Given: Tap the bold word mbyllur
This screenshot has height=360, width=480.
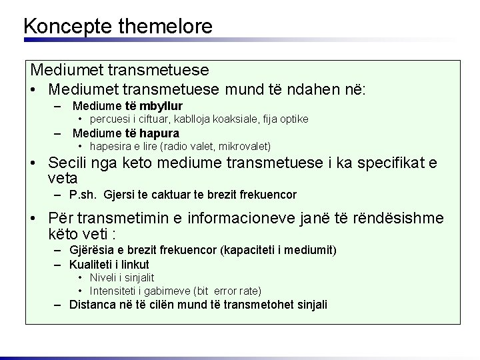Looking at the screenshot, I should pyautogui.click(x=160, y=106).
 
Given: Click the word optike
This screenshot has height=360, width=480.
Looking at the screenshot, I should pyautogui.click(x=292, y=119).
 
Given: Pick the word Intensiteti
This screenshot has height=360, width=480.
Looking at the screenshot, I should pyautogui.click(x=113, y=291).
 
